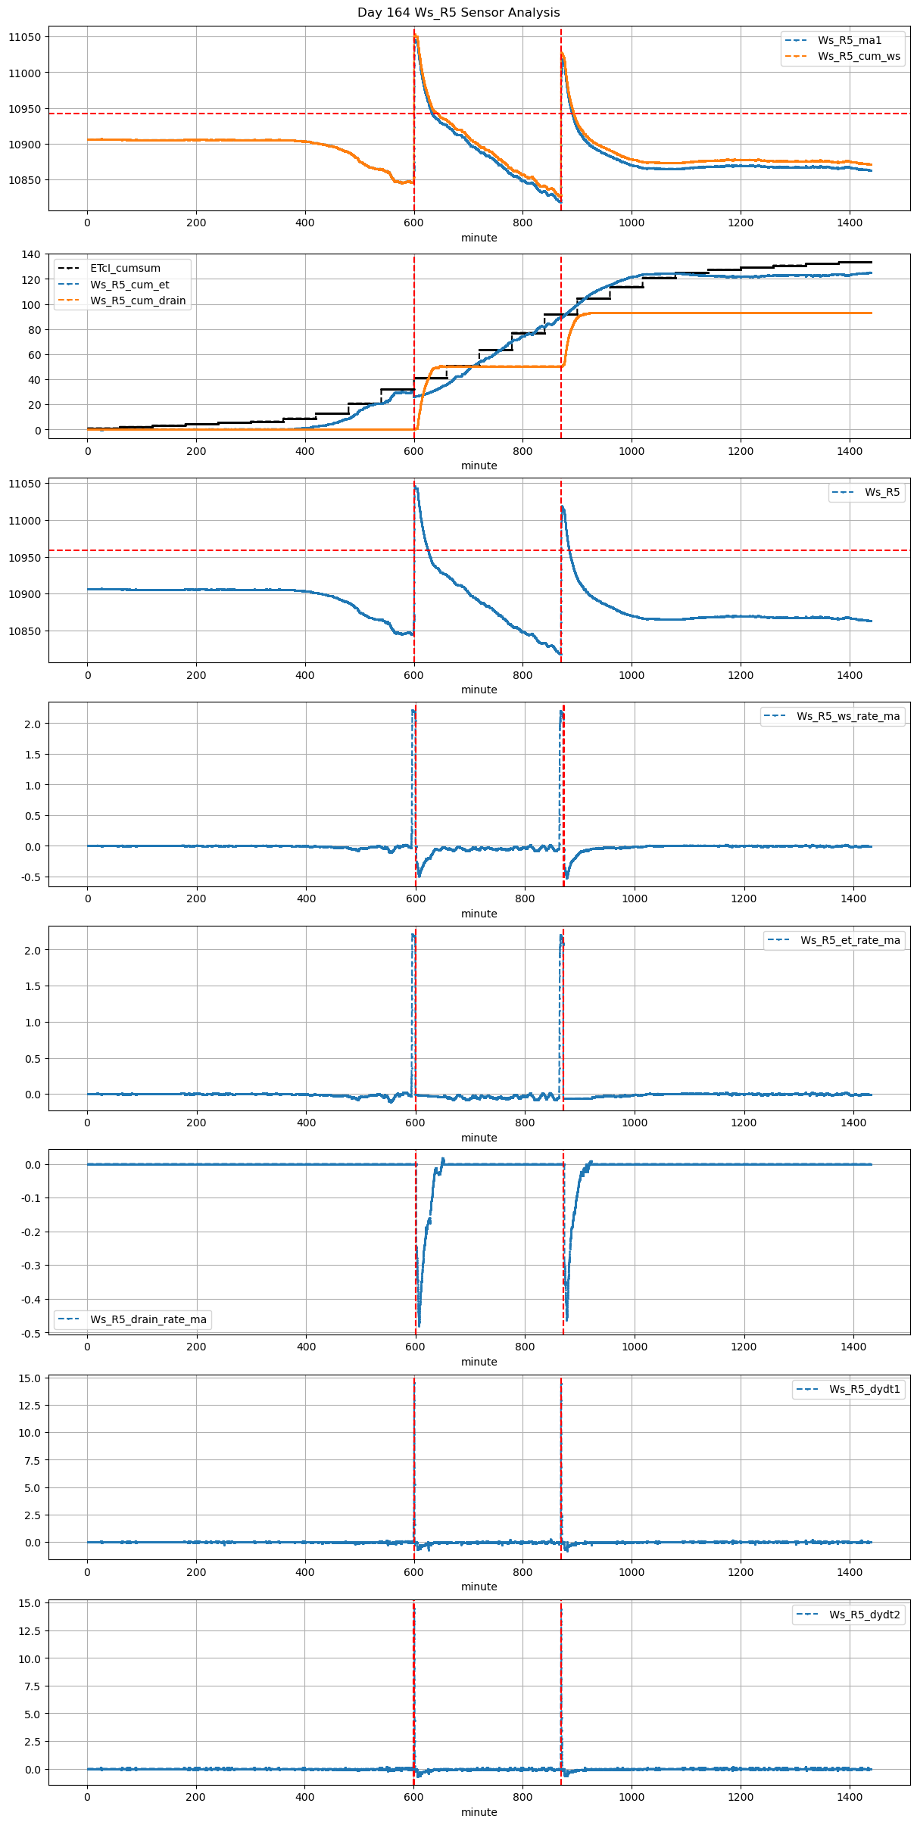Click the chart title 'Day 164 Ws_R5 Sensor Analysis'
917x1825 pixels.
(458, 12)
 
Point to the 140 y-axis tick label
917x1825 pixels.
(31, 254)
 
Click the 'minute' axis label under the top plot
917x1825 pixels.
(479, 238)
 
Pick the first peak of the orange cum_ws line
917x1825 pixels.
(416, 36)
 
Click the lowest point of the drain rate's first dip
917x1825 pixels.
(419, 1325)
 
